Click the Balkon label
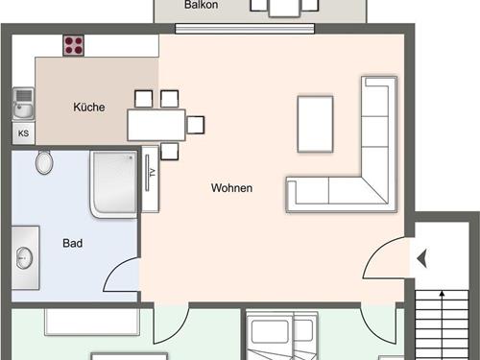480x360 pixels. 202,5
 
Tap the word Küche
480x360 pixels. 89,107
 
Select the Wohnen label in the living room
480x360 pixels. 231,187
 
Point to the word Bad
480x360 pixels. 73,243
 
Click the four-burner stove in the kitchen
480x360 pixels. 73,45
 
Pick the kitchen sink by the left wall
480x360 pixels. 23,104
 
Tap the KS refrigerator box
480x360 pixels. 23,133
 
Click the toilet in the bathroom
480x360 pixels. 44,162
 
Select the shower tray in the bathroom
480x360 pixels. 114,184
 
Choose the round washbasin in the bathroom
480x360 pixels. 24,258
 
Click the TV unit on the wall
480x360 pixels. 150,179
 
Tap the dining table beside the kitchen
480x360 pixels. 156,125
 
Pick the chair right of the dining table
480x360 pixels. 196,125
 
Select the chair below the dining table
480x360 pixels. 170,152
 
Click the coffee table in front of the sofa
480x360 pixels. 315,124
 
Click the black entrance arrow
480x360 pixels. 422,258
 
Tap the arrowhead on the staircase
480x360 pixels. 443,293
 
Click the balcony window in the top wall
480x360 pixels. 245,29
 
